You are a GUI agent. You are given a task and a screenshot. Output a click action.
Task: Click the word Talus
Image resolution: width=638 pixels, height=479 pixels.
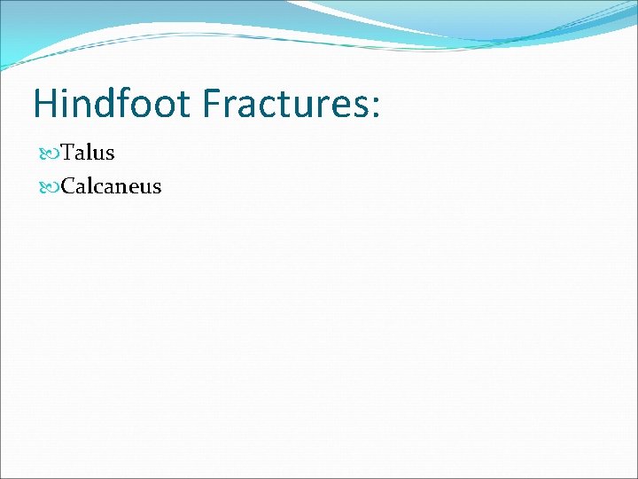88,153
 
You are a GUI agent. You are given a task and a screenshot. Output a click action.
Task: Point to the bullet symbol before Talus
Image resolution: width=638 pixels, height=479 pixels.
50,153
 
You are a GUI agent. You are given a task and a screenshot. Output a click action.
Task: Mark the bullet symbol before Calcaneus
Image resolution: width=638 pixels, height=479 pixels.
50,187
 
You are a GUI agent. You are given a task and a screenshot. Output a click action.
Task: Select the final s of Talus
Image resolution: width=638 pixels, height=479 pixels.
110,154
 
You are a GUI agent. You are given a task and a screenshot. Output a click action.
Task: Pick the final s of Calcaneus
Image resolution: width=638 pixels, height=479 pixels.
156,188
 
